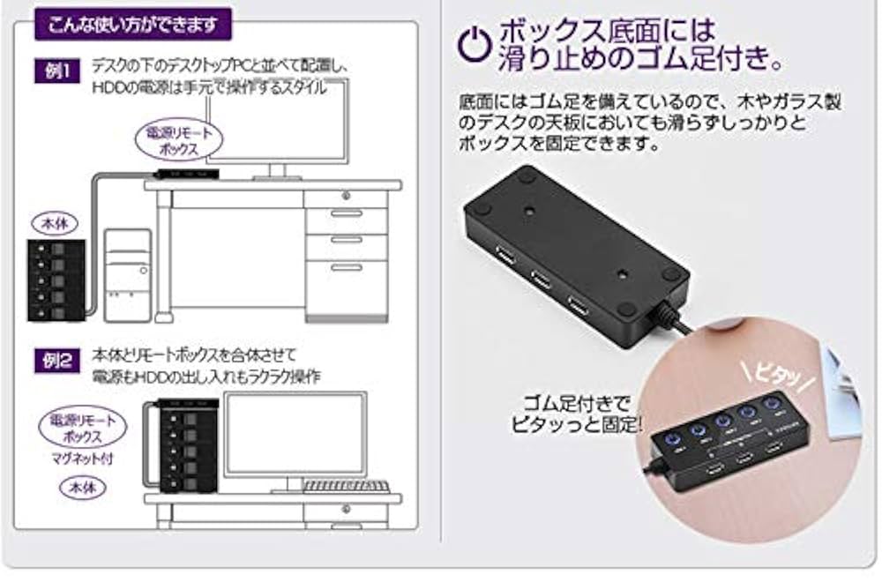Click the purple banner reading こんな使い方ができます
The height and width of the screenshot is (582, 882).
(x=132, y=24)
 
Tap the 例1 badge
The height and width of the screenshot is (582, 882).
(x=58, y=71)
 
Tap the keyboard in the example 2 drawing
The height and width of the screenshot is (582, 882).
(x=346, y=486)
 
